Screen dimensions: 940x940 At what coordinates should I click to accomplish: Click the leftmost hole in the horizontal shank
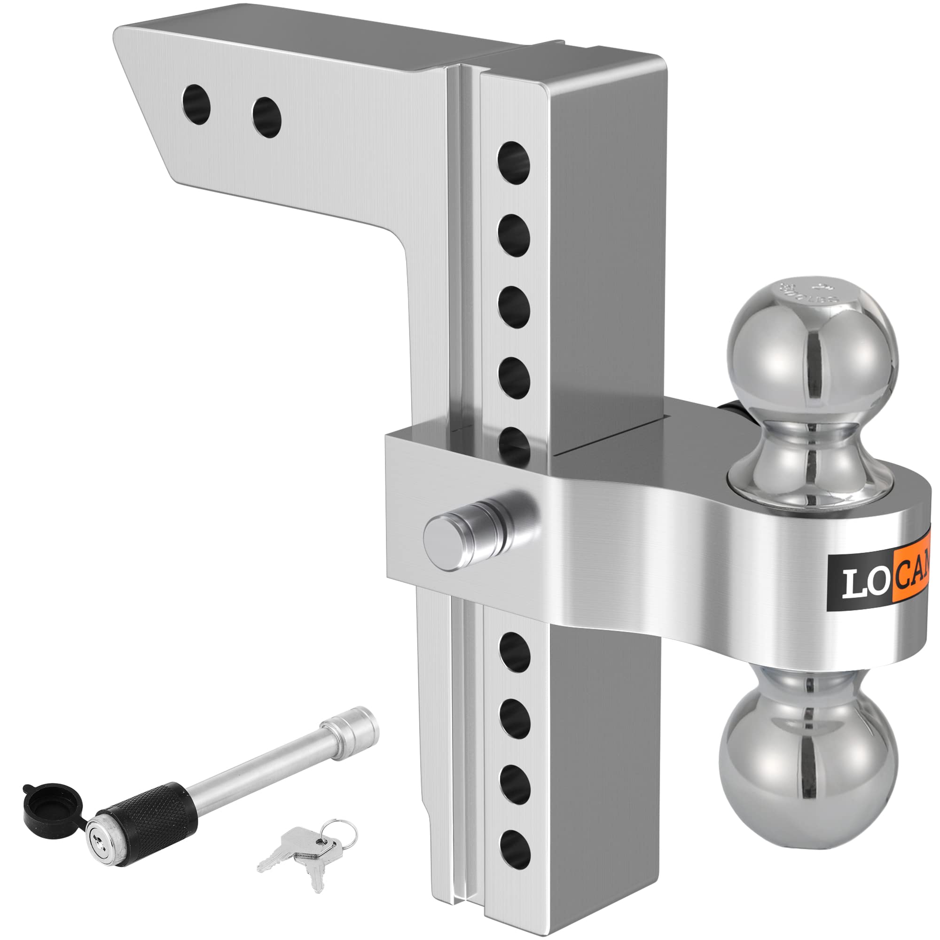coord(196,104)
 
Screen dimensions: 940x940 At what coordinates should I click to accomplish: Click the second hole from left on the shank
coord(266,117)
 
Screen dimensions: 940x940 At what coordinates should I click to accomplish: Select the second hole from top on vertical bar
coord(513,235)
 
